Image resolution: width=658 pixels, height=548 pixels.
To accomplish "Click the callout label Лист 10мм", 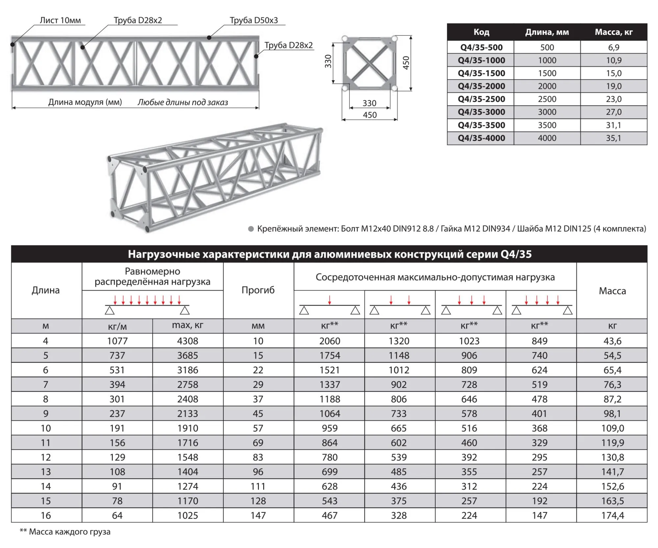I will (x=60, y=20).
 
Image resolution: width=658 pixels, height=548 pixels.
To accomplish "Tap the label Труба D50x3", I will (x=254, y=20).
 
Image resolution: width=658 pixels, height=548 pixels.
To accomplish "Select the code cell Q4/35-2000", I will (x=481, y=86).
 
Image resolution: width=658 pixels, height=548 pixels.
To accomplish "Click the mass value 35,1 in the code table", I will (x=613, y=138).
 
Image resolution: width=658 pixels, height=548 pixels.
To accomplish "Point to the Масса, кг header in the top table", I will (x=613, y=32).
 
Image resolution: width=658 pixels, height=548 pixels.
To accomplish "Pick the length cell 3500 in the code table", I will (x=547, y=125).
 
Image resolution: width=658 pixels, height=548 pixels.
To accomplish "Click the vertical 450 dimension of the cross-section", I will (x=406, y=62).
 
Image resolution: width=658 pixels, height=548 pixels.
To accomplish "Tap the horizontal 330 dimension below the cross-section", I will (x=369, y=103).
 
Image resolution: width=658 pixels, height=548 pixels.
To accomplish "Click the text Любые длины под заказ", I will (x=183, y=102).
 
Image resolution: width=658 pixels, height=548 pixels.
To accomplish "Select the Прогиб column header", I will (x=258, y=290).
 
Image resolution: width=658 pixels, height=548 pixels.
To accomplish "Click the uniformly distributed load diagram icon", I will (x=147, y=305).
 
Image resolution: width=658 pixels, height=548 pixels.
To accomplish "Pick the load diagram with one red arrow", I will (x=329, y=305).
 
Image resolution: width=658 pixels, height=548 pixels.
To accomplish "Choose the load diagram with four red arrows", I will (x=542, y=305).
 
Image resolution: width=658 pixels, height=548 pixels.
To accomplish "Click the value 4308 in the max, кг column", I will (x=188, y=341).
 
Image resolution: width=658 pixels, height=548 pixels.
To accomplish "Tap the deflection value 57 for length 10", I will (x=258, y=428).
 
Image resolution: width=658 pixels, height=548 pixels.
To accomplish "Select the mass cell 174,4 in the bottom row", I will (x=612, y=515).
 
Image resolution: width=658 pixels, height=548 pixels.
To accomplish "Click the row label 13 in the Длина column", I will (x=46, y=472).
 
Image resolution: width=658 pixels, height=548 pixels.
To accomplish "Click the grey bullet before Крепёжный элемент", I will (x=251, y=229).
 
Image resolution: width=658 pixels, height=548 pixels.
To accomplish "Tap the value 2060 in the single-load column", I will (x=329, y=341).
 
